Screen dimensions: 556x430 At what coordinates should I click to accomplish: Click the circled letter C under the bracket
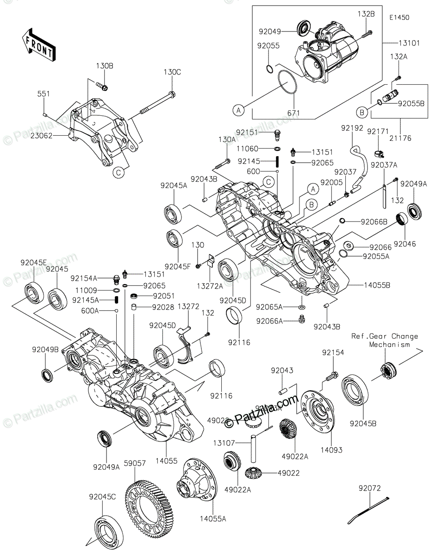tap(118, 172)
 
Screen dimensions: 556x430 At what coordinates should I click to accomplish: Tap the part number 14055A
tap(212, 519)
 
